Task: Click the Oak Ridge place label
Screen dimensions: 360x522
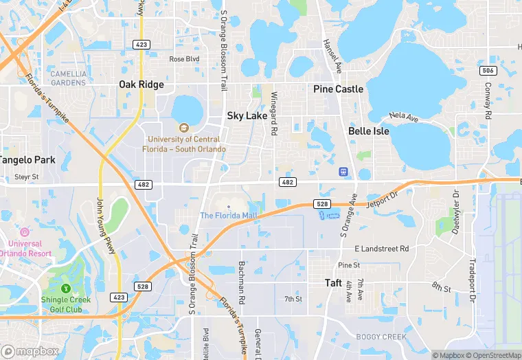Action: (141, 85)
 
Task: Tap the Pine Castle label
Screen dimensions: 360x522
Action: (338, 89)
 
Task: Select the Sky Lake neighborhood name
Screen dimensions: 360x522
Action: (247, 116)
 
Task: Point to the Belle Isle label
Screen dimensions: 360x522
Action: (369, 131)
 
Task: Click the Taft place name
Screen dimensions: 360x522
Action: (334, 282)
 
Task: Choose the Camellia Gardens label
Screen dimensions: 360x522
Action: (69, 78)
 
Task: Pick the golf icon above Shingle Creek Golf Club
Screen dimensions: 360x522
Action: (66, 289)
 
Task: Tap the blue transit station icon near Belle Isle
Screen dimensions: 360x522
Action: (344, 172)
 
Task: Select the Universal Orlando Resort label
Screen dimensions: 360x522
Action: (25, 249)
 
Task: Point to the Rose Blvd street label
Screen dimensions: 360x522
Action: (185, 59)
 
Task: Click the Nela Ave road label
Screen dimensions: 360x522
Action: (403, 117)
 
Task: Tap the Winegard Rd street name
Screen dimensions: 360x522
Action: (273, 113)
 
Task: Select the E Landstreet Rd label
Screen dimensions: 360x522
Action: (381, 249)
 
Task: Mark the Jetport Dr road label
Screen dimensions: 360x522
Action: (383, 199)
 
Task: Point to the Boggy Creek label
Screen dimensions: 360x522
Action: (381, 337)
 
